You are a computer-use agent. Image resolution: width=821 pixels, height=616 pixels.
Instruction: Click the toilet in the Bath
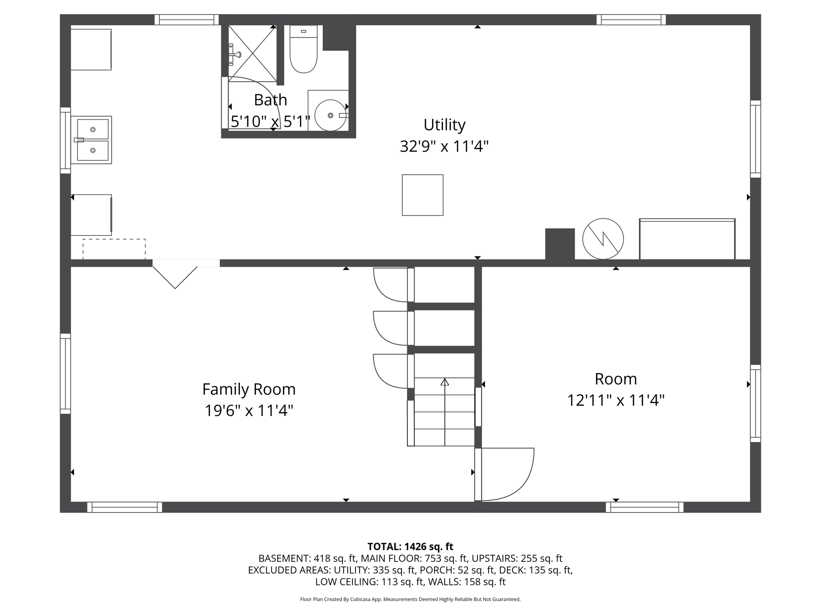[303, 50]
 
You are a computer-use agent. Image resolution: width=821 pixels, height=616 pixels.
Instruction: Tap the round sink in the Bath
[330, 115]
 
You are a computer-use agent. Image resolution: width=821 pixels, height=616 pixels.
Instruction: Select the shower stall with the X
[252, 53]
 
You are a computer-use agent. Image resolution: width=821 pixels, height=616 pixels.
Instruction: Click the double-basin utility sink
[91, 140]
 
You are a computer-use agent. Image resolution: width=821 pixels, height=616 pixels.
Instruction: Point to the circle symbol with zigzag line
[603, 239]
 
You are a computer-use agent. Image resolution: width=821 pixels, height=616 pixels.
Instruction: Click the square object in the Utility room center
[423, 195]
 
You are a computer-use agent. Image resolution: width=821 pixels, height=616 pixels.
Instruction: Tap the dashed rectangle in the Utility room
[114, 249]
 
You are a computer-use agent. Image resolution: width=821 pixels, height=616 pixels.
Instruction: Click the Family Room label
[249, 389]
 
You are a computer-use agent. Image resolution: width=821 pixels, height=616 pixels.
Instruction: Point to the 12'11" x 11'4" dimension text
[616, 400]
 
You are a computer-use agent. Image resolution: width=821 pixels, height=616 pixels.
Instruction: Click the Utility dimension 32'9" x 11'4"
[444, 146]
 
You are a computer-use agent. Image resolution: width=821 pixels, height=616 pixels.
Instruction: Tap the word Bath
[271, 100]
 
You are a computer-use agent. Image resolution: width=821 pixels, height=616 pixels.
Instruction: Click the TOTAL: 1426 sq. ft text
[410, 547]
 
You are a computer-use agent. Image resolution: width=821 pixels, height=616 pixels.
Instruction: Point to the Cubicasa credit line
[410, 600]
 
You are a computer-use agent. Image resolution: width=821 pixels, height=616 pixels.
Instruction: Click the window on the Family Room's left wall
[65, 373]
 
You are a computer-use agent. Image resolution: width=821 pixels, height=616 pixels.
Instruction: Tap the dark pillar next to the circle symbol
[560, 244]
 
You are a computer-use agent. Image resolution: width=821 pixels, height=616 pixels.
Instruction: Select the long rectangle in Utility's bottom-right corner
[687, 239]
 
